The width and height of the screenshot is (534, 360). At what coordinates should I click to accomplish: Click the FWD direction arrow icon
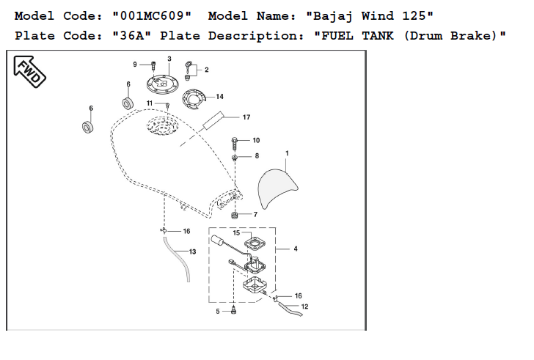28,69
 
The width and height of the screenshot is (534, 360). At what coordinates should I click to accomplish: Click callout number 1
287,153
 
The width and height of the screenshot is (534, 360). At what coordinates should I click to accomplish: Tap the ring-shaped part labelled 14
194,98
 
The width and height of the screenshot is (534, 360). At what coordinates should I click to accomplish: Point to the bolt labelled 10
235,141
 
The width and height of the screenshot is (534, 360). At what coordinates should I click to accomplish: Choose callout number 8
257,156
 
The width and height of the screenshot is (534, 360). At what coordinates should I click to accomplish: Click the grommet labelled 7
235,215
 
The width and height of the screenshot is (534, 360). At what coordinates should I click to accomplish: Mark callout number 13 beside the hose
192,251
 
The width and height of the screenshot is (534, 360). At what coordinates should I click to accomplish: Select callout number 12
304,306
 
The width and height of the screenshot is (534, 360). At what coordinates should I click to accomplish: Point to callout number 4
295,249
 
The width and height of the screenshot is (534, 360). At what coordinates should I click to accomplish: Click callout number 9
135,65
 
